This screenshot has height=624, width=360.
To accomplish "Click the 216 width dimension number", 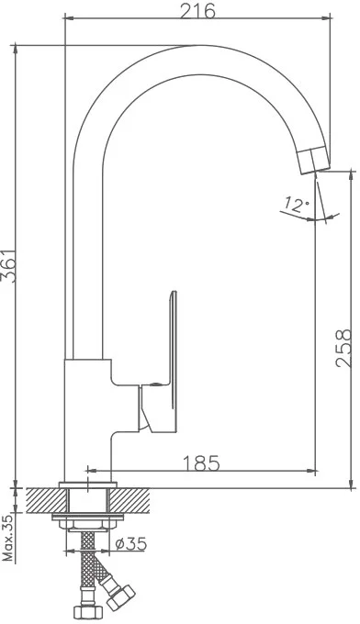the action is point(197,11).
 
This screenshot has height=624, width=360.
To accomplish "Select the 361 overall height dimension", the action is point(9,266).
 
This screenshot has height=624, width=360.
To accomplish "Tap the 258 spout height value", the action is point(344,348).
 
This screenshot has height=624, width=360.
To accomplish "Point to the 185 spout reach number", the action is point(201,462).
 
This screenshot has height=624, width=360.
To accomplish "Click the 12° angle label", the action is point(297,205).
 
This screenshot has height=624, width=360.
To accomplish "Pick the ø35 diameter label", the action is point(131,543).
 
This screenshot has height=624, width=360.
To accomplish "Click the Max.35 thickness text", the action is point(8,537).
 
